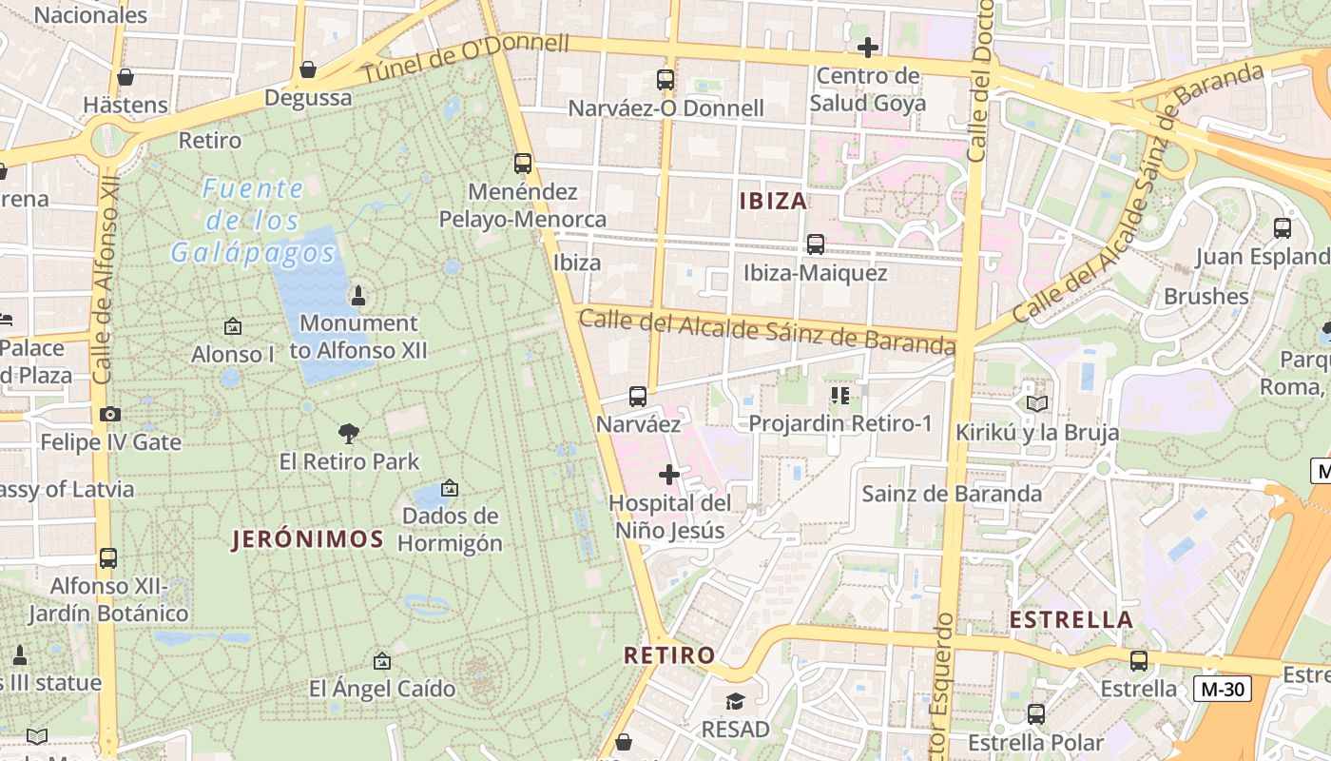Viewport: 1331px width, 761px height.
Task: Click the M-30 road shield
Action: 1222,689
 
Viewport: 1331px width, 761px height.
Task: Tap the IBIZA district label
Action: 773,201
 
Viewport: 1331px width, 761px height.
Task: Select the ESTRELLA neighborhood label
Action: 1071,620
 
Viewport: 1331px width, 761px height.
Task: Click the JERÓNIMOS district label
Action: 308,539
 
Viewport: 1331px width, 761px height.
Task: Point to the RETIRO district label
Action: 669,654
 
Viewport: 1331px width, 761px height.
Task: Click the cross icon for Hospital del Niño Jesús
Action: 669,474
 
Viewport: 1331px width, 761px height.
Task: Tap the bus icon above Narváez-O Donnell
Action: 665,80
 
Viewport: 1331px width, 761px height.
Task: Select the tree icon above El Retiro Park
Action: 349,434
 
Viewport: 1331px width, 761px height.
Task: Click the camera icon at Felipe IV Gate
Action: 110,414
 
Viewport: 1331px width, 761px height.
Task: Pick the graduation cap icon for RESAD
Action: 735,702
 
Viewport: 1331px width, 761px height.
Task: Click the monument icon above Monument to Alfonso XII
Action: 358,295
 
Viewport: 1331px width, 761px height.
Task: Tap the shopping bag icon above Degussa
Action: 307,69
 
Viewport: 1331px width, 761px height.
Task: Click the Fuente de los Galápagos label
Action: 253,221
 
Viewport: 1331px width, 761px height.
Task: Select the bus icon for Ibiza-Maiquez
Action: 815,244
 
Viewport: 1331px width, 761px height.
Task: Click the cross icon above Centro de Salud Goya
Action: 867,47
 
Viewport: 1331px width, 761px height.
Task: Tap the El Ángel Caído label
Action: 382,688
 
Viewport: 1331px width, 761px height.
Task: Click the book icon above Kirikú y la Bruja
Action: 1036,403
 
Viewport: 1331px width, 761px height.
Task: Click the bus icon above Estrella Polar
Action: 1036,713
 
